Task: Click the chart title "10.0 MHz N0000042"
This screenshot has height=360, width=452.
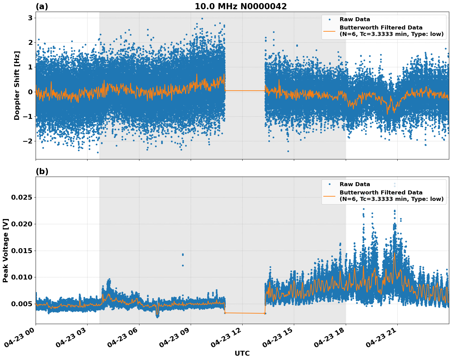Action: [240, 6]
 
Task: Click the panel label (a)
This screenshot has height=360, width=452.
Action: [42, 6]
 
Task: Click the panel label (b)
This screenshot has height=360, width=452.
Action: [42, 171]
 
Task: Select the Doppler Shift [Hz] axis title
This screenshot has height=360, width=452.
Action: [17, 85]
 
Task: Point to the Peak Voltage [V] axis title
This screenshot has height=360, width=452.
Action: [6, 250]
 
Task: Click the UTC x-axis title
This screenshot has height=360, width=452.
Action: [242, 354]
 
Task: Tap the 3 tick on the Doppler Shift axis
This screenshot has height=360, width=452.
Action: [30, 18]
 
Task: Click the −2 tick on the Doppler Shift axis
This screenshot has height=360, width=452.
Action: [28, 141]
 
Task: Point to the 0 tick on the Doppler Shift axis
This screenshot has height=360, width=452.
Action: [30, 92]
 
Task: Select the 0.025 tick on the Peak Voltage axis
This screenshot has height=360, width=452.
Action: [21, 197]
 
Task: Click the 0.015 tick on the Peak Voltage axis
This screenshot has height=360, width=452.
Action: [21, 251]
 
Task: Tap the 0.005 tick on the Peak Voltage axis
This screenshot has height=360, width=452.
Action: [21, 304]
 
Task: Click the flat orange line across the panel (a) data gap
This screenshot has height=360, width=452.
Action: [245, 91]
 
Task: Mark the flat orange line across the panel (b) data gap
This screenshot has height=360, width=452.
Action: [245, 313]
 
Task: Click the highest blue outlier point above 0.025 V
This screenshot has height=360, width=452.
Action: [395, 184]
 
